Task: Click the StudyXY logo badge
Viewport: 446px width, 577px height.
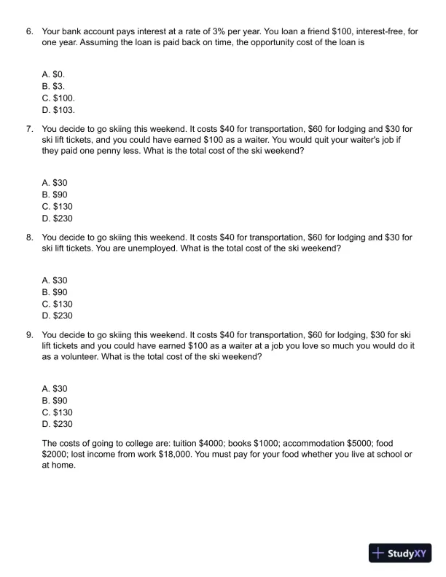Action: click(400, 553)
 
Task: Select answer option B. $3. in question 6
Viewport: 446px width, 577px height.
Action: click(54, 86)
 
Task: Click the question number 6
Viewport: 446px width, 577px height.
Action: click(29, 32)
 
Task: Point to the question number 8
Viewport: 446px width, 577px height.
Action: click(29, 238)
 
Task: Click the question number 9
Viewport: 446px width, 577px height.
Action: click(29, 334)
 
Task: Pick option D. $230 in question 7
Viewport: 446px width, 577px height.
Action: click(58, 219)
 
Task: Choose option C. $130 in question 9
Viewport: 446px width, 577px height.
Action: click(58, 412)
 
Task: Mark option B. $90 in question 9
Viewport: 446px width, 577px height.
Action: click(55, 401)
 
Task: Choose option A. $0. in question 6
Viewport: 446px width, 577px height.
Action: click(54, 74)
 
